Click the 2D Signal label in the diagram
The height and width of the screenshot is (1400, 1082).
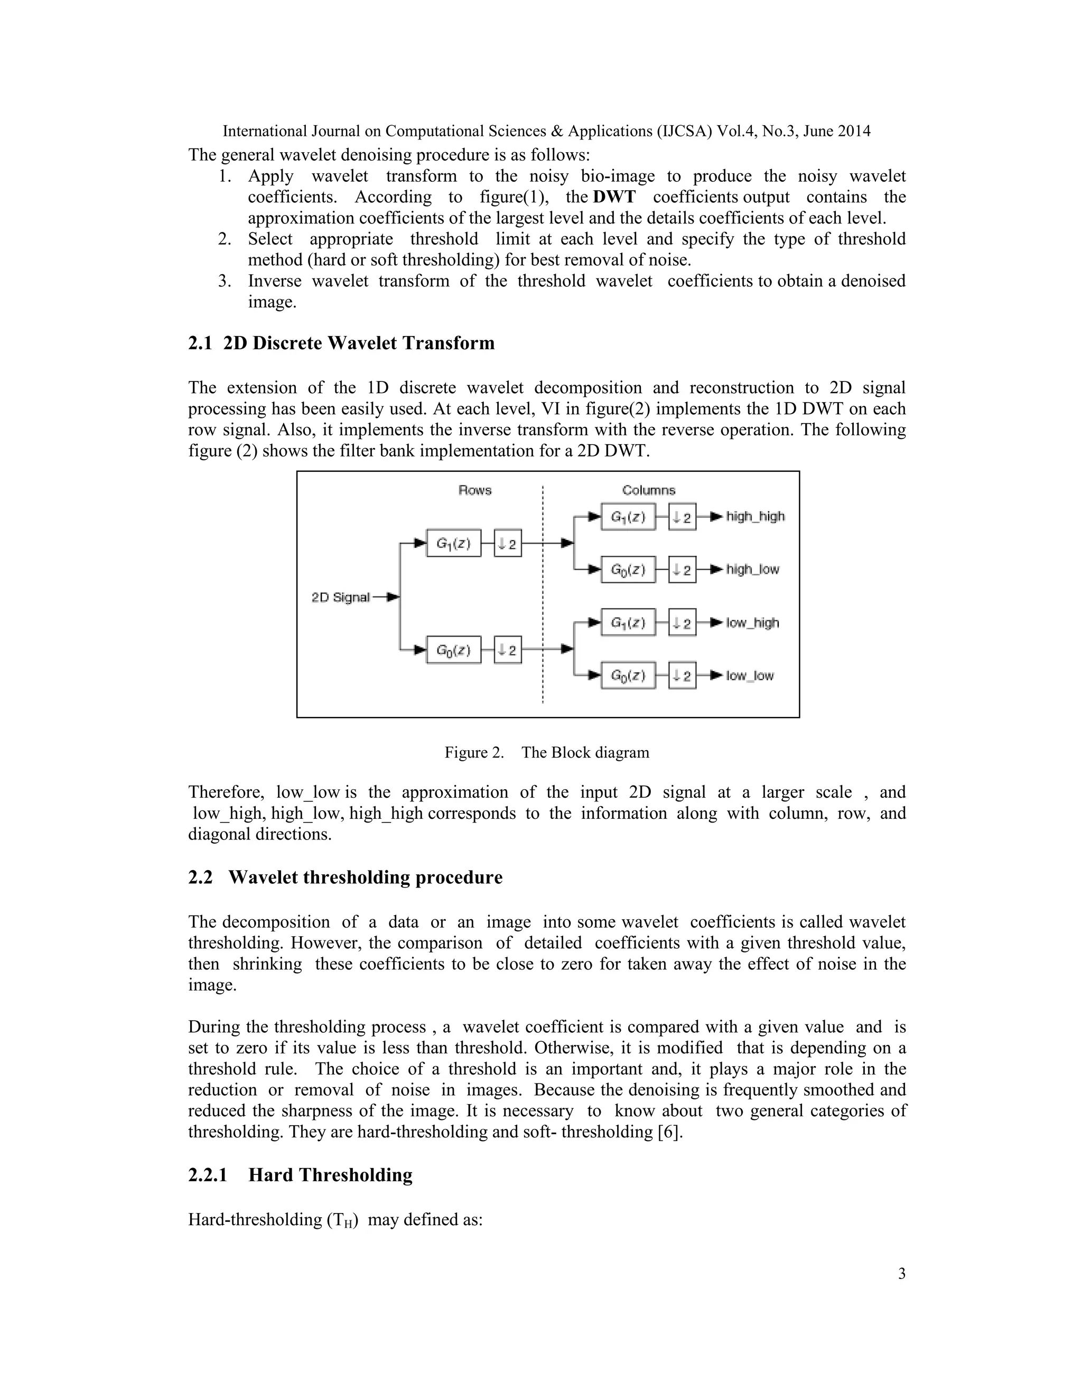point(340,598)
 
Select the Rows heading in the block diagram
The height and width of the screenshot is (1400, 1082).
point(474,490)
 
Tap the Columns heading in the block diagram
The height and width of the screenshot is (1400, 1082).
point(648,490)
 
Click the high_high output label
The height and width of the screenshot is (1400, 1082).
point(755,517)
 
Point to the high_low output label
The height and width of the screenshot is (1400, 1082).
point(752,569)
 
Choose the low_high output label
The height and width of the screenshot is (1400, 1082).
point(752,622)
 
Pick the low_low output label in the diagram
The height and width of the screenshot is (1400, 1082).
point(750,676)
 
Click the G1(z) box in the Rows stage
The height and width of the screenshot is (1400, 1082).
point(454,544)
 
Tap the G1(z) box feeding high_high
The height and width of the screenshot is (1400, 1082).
point(628,517)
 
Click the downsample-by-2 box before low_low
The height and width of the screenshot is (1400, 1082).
point(682,676)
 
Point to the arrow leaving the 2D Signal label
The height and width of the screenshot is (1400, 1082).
point(387,598)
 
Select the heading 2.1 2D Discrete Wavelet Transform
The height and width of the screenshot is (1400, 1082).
point(341,343)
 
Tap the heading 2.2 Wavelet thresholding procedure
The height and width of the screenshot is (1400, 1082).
point(345,877)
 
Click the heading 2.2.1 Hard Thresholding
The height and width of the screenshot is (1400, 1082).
point(300,1175)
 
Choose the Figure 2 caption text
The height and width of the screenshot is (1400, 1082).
point(547,752)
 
